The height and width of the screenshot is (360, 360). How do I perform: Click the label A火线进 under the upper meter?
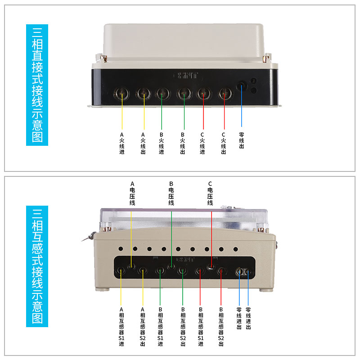[x=121, y=143]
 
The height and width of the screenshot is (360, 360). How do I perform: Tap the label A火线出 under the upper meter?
[x=144, y=143]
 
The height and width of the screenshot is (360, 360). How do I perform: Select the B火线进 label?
[x=162, y=143]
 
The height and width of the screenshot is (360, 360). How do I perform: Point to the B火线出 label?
[x=183, y=143]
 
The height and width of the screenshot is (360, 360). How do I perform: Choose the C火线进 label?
[x=202, y=143]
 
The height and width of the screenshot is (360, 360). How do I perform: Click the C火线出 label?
[x=223, y=143]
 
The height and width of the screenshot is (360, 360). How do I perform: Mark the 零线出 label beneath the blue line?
[x=242, y=140]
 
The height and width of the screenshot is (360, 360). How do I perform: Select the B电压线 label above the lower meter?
[x=171, y=193]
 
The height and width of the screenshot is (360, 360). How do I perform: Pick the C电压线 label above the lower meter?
[x=210, y=193]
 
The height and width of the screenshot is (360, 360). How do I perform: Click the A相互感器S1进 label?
[x=121, y=327]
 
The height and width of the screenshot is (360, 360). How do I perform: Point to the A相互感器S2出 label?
[x=143, y=327]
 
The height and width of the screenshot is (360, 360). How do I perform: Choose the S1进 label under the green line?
[x=161, y=327]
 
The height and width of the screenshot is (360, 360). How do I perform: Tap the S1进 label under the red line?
[x=200, y=327]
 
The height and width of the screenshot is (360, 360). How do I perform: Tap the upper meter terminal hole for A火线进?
[x=122, y=94]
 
